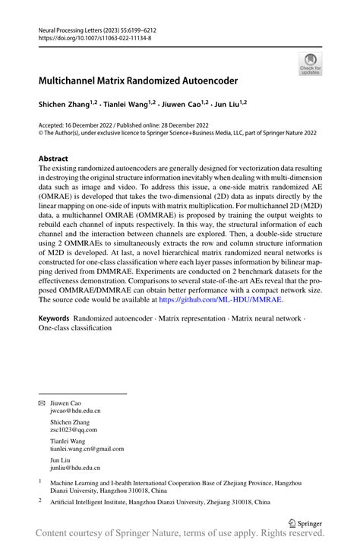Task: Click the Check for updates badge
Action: pyautogui.click(x=310, y=65)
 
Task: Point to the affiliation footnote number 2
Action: pyautogui.click(x=40, y=500)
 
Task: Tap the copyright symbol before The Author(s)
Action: pyautogui.click(x=41, y=132)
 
